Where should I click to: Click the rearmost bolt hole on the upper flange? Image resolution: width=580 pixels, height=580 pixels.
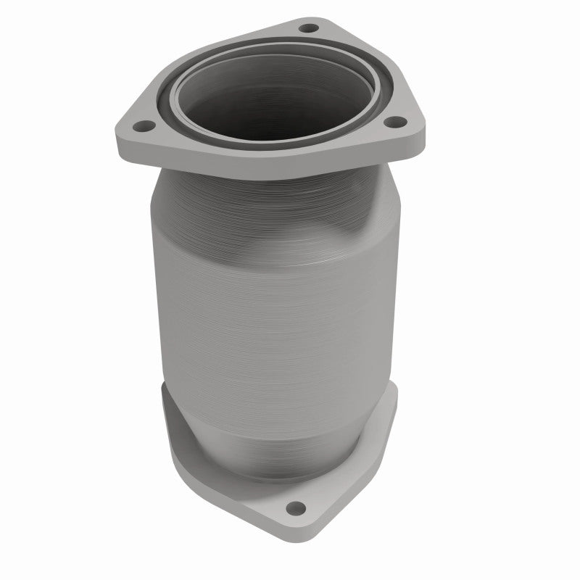click(x=308, y=29)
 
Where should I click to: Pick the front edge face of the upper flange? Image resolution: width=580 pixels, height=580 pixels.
click(x=275, y=170)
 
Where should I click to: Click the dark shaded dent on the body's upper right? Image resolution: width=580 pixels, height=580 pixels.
click(x=362, y=232)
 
